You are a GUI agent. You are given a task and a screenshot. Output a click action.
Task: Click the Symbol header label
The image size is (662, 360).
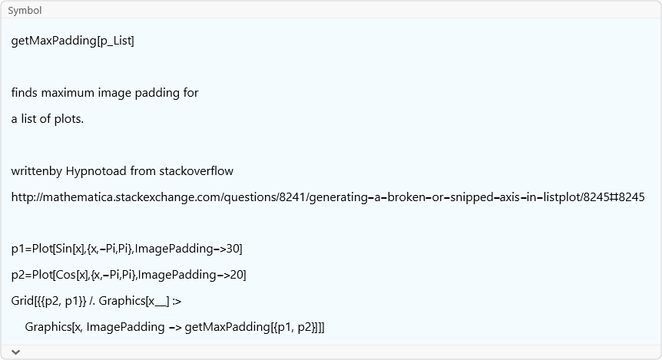[25, 11]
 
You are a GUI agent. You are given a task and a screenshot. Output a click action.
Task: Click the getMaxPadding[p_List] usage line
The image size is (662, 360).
[72, 41]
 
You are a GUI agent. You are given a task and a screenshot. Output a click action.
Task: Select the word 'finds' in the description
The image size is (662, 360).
[25, 93]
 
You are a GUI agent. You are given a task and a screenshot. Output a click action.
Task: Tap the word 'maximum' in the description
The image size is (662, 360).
[68, 93]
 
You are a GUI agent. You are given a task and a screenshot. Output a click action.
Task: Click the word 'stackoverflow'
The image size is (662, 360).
[196, 171]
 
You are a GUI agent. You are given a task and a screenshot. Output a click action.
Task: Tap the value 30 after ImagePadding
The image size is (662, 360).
[234, 249]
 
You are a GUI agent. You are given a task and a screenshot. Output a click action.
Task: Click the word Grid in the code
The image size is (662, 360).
[23, 301]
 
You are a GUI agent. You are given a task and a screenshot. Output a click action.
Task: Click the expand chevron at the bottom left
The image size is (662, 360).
[15, 352]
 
